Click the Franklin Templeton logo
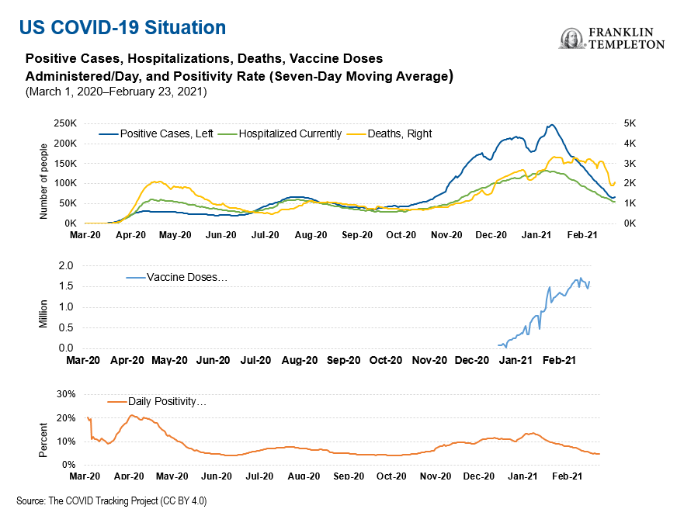(612, 39)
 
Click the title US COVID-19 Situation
(123, 28)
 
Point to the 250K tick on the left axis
(63, 123)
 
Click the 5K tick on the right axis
(630, 123)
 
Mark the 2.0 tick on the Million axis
(67, 265)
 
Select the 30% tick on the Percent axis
(64, 394)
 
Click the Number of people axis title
(43, 181)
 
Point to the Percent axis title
(43, 440)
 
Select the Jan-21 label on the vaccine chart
(515, 360)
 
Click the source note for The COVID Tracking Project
(112, 500)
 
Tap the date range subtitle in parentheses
(115, 92)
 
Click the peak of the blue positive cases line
(550, 124)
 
